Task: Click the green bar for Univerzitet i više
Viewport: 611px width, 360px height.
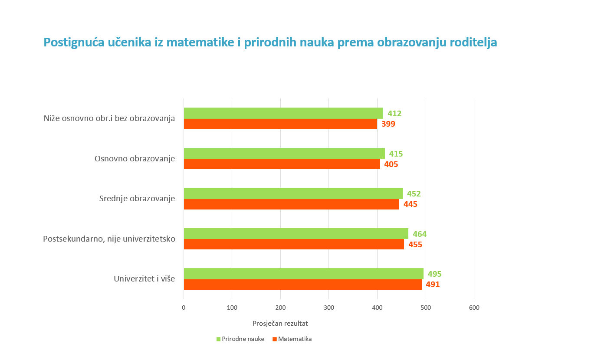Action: [303, 274]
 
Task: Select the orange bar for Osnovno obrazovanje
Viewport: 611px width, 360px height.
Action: [282, 164]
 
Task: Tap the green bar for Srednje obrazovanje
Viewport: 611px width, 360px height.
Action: [293, 193]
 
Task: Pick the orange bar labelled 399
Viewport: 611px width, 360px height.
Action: [280, 124]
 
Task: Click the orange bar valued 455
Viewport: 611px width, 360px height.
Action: [294, 244]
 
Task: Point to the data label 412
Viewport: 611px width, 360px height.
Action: [394, 114]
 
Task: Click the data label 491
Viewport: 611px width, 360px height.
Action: [433, 285]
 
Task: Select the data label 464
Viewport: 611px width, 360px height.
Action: [420, 234]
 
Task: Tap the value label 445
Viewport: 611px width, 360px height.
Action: [411, 204]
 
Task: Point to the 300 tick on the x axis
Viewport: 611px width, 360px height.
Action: [329, 308]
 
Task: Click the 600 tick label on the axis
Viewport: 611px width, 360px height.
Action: [474, 308]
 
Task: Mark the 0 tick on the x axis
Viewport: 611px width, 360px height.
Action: [184, 308]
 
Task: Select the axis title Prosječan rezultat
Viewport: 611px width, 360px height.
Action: [280, 324]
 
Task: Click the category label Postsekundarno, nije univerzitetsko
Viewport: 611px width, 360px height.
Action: [109, 239]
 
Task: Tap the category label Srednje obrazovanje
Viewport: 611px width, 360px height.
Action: [137, 199]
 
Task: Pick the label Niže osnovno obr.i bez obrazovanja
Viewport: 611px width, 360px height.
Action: [109, 118]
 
